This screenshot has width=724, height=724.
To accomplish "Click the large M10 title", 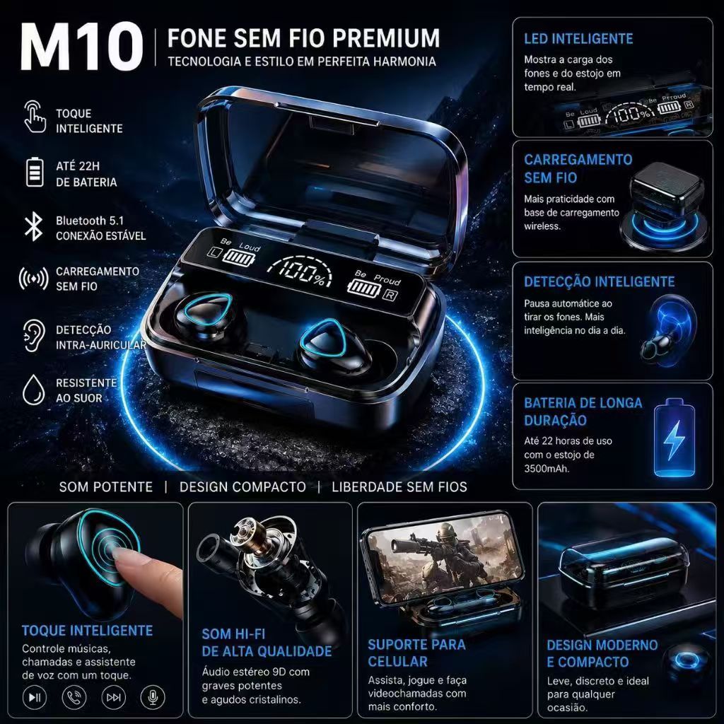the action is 81,47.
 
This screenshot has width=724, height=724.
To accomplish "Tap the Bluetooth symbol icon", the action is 34,227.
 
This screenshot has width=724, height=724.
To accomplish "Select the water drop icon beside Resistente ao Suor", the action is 34,390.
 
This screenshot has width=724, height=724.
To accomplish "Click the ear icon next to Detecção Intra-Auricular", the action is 34,336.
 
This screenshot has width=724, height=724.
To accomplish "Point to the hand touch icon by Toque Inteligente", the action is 35,117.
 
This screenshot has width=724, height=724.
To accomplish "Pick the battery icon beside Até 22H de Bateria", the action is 35,173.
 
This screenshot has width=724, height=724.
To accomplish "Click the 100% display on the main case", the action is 300,271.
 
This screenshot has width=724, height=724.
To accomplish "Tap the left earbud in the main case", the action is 202,316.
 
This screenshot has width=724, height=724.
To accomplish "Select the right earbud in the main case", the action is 334,344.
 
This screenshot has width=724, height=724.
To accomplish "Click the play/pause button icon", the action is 35,697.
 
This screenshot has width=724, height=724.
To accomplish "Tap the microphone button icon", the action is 153,697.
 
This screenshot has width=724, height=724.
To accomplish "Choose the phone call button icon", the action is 74,697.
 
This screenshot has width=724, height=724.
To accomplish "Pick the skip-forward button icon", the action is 114,697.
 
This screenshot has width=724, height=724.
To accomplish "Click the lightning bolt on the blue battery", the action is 673,440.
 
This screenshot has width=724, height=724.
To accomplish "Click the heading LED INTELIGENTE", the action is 578,39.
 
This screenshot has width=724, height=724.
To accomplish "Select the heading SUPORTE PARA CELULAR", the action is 416,653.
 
